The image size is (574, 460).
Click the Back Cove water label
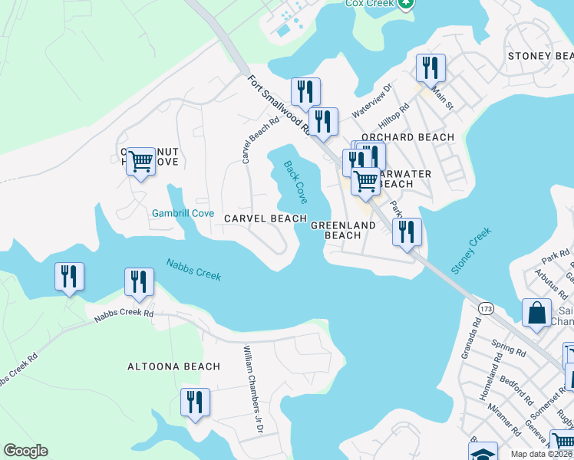295,182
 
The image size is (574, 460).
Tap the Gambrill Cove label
183,213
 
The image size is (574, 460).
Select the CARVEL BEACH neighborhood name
266,219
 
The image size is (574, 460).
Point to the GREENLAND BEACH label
343,230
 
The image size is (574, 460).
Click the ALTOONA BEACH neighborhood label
173,366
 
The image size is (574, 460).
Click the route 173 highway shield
485,308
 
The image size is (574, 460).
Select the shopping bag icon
536,313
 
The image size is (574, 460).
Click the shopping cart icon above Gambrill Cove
140,161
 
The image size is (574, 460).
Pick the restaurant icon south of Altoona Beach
195,402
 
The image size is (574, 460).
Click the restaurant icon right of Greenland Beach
407,231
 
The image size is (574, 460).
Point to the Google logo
25,451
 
